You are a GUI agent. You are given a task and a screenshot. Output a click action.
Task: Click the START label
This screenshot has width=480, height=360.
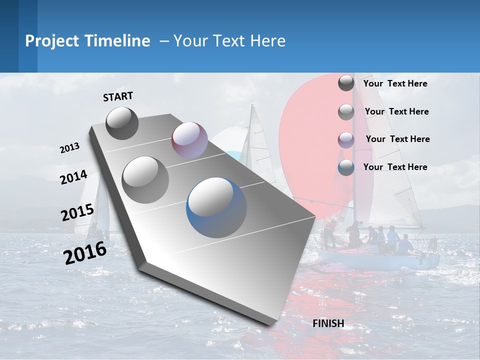(x=118, y=96)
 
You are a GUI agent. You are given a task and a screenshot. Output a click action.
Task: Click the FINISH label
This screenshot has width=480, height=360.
(x=328, y=323)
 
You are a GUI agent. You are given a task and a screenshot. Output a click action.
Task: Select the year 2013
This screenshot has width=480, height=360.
(x=70, y=148)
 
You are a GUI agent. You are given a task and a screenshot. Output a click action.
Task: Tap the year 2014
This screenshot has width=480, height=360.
(x=74, y=177)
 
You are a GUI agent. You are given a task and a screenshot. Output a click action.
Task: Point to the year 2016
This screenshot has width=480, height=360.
(x=85, y=252)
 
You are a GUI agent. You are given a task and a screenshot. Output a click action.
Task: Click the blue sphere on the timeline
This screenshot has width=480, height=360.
(x=216, y=207)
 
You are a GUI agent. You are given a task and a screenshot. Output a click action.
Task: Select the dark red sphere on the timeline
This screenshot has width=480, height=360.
(x=189, y=140)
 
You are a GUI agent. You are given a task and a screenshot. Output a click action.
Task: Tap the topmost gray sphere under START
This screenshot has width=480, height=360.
(x=122, y=123)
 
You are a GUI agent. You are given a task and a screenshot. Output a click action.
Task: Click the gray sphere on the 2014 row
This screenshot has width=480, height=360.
(x=145, y=179)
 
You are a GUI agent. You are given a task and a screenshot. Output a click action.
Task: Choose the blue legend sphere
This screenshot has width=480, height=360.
(x=346, y=167)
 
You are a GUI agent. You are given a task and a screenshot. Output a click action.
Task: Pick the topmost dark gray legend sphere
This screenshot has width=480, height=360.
(x=346, y=83)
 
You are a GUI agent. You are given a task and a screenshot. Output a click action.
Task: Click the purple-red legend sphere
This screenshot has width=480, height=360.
(x=346, y=139)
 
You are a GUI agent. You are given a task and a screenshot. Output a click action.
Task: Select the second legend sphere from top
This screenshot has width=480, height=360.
(x=346, y=112)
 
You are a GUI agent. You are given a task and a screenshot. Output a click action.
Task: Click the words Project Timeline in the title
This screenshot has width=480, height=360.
(x=87, y=41)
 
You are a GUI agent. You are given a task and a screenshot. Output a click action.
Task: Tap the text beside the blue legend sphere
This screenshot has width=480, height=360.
(x=395, y=167)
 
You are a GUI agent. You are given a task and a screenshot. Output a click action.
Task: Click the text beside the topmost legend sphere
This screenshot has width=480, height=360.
(x=395, y=83)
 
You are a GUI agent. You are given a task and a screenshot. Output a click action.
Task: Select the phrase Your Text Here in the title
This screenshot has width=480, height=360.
(x=229, y=41)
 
